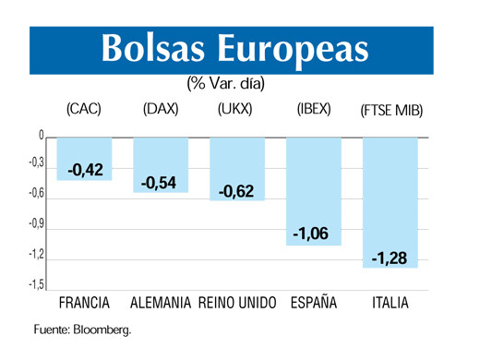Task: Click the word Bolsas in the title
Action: pyautogui.click(x=154, y=50)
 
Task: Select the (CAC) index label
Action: pyautogui.click(x=84, y=110)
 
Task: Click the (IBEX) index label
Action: pyautogui.click(x=314, y=110)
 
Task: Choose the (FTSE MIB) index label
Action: pyautogui.click(x=391, y=111)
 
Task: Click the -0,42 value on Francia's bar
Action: pyautogui.click(x=85, y=170)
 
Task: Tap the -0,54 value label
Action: pyautogui.click(x=160, y=183)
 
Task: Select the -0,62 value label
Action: pyautogui.click(x=236, y=191)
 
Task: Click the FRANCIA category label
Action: pyautogui.click(x=84, y=303)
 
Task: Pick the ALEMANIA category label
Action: pyautogui.click(x=161, y=303)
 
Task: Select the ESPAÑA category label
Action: pyautogui.click(x=314, y=303)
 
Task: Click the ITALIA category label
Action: pyautogui.click(x=391, y=303)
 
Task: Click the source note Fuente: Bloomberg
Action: pyautogui.click(x=83, y=330)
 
